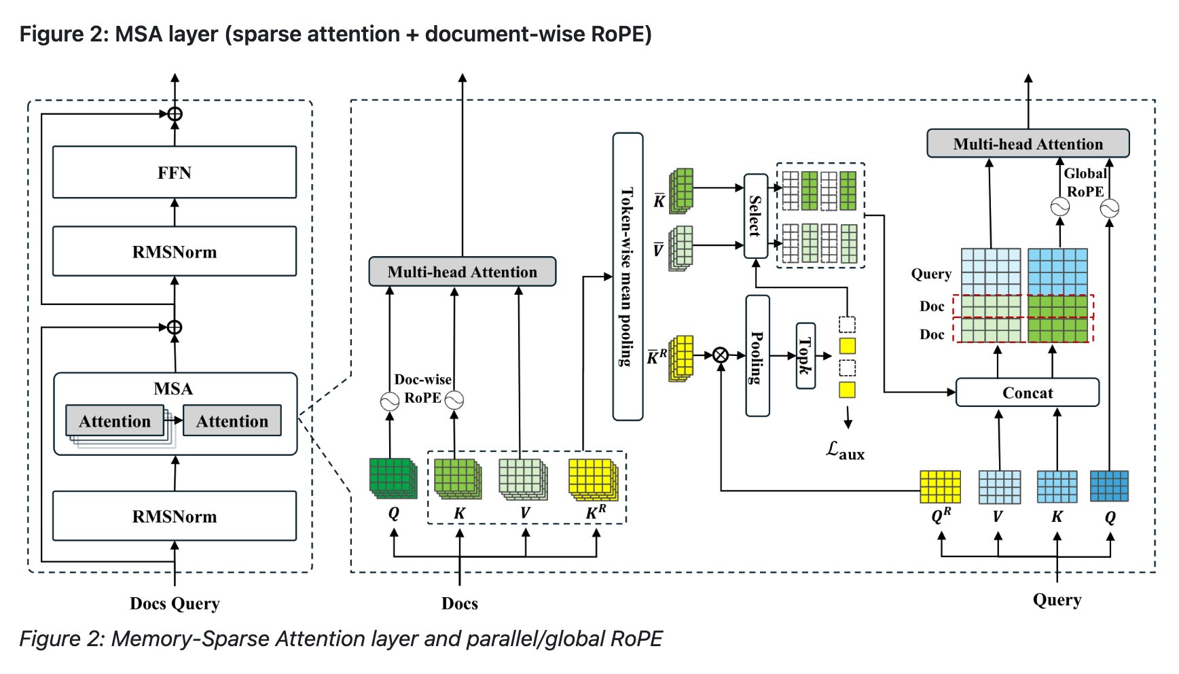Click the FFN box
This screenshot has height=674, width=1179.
coord(175,173)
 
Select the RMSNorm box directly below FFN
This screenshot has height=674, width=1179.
coord(175,251)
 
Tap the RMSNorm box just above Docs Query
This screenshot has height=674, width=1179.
coord(175,516)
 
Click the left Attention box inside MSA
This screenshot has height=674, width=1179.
coord(115,421)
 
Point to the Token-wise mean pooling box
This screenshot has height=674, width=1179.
coord(628,277)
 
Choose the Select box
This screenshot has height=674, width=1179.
coord(755,216)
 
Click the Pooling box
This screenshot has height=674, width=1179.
coord(757,356)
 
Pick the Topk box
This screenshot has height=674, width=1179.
coord(805,355)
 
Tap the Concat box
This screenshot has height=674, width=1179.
coord(1027,393)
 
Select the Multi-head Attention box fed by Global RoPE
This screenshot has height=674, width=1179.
coord(1028,144)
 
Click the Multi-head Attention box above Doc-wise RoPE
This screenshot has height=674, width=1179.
coord(462,272)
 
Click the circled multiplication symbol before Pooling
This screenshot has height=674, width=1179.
coord(721,355)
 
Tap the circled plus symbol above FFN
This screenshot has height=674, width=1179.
coord(175,113)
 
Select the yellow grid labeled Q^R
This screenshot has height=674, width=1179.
coord(940,487)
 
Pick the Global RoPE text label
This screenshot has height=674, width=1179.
coord(1085,183)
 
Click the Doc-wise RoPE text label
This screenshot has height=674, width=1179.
coord(422,389)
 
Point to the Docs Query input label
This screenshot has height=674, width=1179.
coord(175,603)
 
